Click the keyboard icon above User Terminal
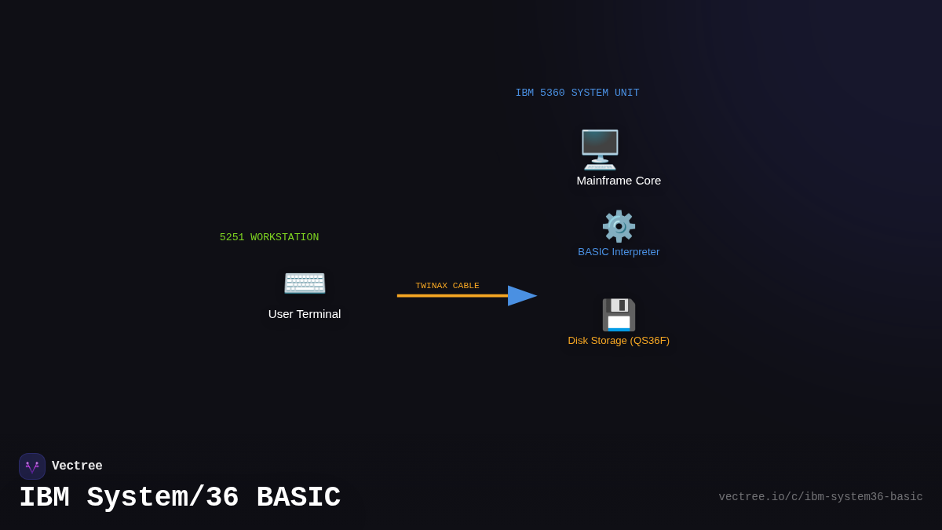[305, 282]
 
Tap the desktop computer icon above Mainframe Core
[600, 149]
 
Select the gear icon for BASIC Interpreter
[619, 226]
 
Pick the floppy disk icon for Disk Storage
[619, 315]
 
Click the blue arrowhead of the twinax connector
[521, 296]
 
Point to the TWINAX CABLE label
[447, 286]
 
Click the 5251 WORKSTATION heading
[269, 237]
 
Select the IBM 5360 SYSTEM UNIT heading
[577, 93]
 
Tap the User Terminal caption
[305, 314]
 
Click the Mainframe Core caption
[619, 181]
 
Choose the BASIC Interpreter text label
[619, 252]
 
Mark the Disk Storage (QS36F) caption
[619, 341]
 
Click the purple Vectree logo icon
[32, 466]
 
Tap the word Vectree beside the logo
[77, 466]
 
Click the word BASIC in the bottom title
[298, 498]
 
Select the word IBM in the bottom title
[44, 498]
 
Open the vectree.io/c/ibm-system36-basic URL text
[820, 497]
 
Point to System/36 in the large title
[162, 498]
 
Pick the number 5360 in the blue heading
[553, 93]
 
